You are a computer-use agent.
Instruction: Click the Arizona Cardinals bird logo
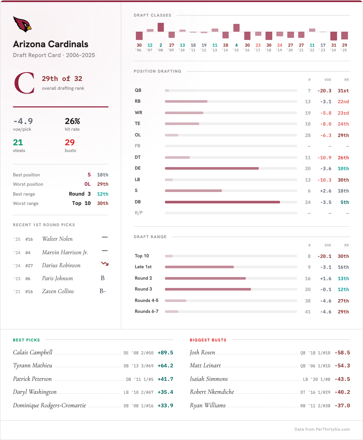click(22, 24)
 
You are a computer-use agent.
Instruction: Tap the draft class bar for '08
click(161, 27)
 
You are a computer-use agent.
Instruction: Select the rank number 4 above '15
click(236, 45)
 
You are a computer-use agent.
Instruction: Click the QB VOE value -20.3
click(324, 91)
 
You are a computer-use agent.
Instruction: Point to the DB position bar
click(222, 202)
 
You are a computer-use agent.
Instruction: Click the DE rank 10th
click(343, 169)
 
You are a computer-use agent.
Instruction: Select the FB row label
click(137, 146)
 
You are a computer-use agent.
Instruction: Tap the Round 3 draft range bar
click(208, 289)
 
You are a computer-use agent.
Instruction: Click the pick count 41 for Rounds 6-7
click(308, 312)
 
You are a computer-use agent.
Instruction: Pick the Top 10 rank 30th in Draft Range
click(343, 256)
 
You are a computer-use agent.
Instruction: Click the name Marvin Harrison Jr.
click(65, 252)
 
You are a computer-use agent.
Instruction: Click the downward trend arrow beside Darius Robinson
click(105, 264)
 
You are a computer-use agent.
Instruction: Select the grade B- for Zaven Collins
click(103, 291)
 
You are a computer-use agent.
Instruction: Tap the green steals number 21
click(18, 142)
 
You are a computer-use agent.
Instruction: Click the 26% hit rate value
click(72, 121)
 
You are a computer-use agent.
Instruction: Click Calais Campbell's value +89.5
click(165, 353)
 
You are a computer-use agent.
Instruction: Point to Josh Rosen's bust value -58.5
click(342, 353)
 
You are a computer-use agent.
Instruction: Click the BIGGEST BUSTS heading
click(208, 340)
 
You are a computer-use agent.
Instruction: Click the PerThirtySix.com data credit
click(322, 429)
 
